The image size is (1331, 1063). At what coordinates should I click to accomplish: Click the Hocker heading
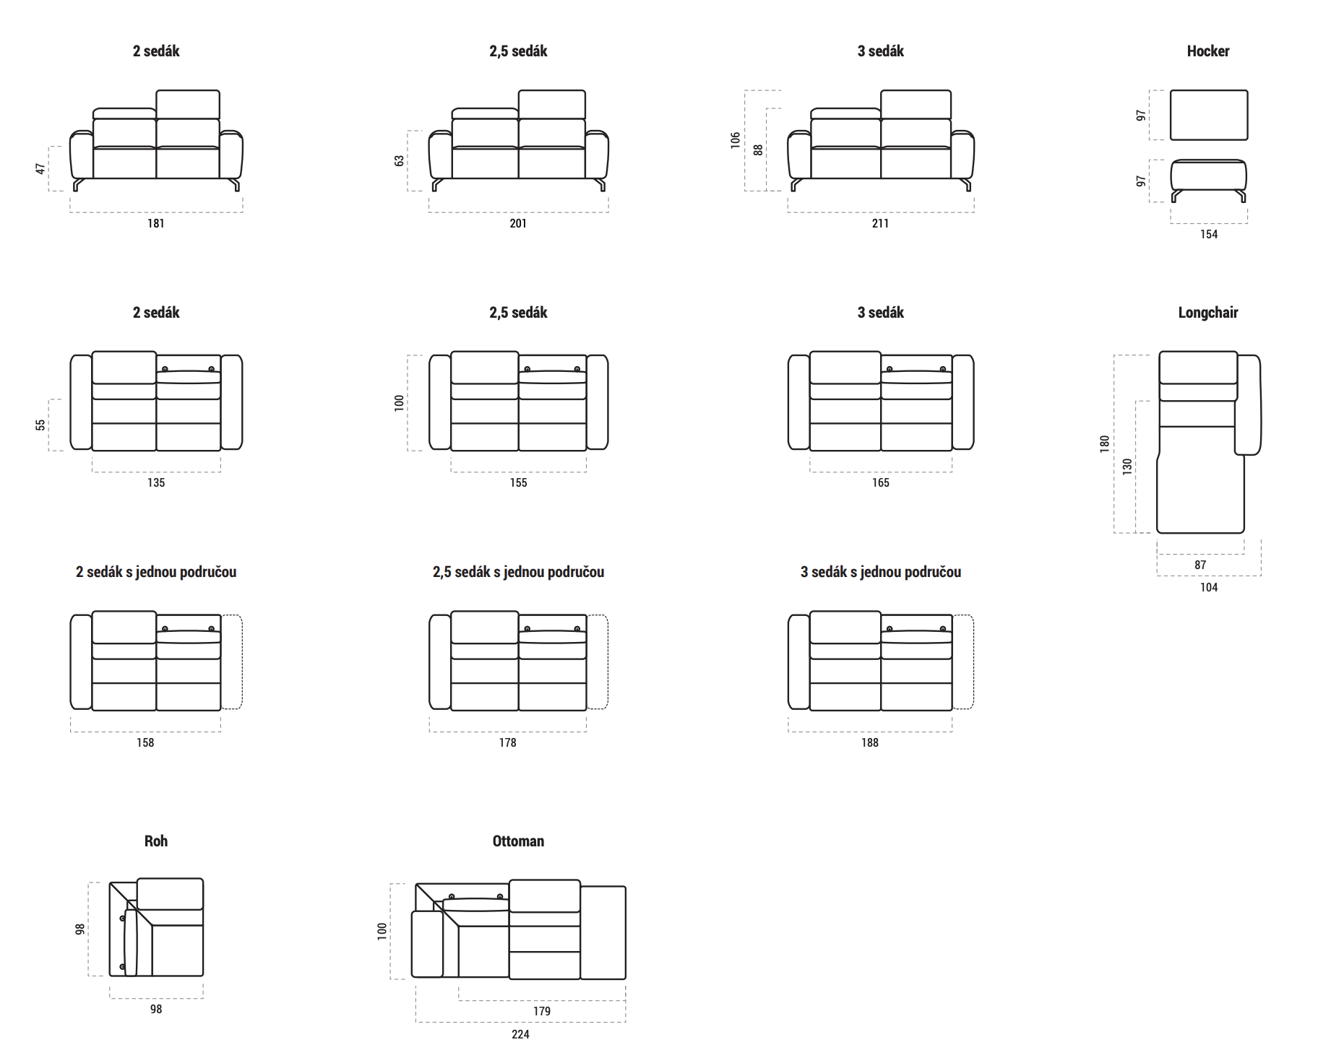point(1207,51)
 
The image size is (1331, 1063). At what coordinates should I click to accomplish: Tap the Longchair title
point(1207,313)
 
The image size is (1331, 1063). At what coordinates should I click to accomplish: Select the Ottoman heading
point(518,841)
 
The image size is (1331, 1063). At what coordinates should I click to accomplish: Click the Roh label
point(156,841)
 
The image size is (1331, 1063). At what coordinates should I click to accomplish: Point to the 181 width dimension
point(156,224)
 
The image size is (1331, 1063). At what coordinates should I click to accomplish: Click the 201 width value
point(518,224)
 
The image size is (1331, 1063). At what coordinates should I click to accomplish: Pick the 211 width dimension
point(880,224)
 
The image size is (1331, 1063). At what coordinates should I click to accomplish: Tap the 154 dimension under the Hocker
point(1209,235)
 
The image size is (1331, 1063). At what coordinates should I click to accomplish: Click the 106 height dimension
point(736,140)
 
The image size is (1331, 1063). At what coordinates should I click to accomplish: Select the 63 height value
point(400,161)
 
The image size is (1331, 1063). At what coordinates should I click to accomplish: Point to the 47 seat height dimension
point(40,168)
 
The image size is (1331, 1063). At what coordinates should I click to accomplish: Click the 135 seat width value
point(156,483)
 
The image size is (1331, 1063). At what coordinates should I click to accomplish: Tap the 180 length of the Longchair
point(1105,444)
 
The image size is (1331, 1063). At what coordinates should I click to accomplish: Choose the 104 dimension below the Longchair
point(1209,588)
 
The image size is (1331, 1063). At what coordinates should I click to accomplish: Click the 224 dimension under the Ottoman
point(520,1035)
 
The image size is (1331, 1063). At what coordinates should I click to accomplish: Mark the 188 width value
point(870,743)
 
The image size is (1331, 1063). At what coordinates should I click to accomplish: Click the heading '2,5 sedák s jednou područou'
point(518,572)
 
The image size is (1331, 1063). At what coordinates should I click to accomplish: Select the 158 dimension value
point(145,743)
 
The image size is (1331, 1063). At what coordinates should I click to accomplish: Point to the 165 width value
point(880,483)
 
